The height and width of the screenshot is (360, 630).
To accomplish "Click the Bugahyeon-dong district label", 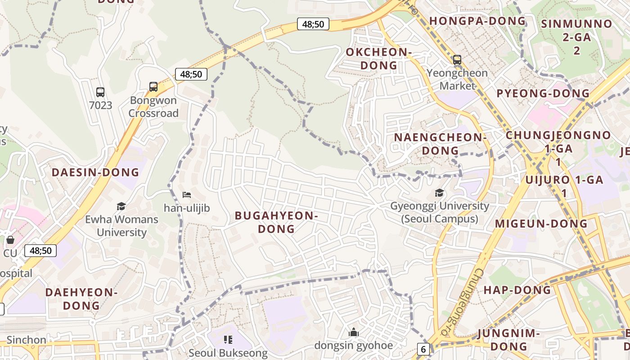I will coord(276,222).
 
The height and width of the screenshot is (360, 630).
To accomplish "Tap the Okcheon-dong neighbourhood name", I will coord(378,59).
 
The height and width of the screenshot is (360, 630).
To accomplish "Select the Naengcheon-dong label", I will coord(440,144).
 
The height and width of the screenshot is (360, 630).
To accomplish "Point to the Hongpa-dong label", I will coord(477,21).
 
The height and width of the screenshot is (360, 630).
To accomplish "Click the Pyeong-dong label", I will coord(543,94).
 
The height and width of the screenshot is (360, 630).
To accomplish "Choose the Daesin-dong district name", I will coord(95,172).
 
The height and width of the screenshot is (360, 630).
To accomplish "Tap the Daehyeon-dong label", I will coord(81,299).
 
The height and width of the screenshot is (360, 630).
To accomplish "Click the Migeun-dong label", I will coord(541,224).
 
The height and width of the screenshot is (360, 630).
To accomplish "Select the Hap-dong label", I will coord(517,290).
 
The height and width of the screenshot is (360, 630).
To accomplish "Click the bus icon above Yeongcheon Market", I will coord(457,59).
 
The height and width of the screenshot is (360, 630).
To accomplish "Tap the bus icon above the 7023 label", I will coord(100,92).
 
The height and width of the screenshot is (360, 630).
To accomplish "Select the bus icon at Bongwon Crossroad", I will coord(153,86).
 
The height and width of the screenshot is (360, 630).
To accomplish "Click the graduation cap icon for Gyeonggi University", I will coord(439,193).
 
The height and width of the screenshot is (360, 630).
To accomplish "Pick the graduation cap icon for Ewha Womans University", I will coord(121,207).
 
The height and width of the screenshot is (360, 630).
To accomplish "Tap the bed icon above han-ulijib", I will coord(187,195).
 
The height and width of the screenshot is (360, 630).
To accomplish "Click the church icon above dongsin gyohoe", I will coord(354,333).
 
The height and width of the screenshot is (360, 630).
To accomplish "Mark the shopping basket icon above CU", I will coord(10,240).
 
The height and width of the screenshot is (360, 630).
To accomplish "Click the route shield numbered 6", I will coord(423,349).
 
